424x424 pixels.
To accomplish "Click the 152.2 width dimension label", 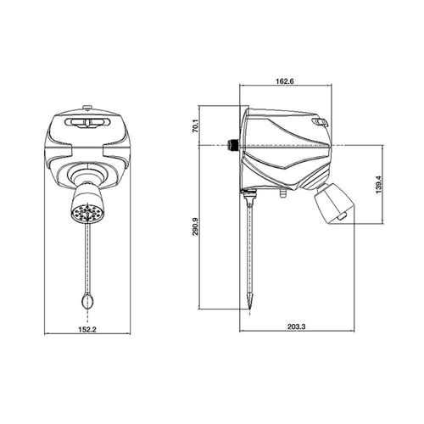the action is [87, 329].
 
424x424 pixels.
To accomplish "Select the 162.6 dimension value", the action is [285, 81].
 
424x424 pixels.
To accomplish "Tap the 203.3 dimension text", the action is [297, 326].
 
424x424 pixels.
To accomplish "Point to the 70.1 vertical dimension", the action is [196, 126].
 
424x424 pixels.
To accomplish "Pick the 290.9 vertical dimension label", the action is [196, 226].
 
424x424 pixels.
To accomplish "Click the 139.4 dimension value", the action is [379, 185].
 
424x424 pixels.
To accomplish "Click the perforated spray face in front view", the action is [86, 213].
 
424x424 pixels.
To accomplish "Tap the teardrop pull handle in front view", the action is [87, 302].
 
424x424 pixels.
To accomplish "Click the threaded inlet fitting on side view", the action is [233, 145].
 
